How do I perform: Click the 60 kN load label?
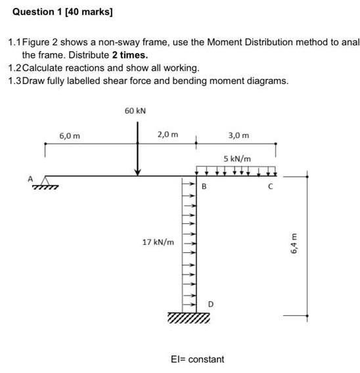click(x=135, y=111)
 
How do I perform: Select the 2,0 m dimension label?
click(x=168, y=135)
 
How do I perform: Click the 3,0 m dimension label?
click(x=238, y=136)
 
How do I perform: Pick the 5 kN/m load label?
click(x=236, y=158)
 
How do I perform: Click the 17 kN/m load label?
click(x=158, y=242)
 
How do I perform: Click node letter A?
click(x=30, y=177)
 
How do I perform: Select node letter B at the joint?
click(x=204, y=186)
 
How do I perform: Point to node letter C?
click(x=269, y=186)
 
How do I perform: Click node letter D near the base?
click(x=210, y=303)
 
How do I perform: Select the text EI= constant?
click(x=197, y=359)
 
